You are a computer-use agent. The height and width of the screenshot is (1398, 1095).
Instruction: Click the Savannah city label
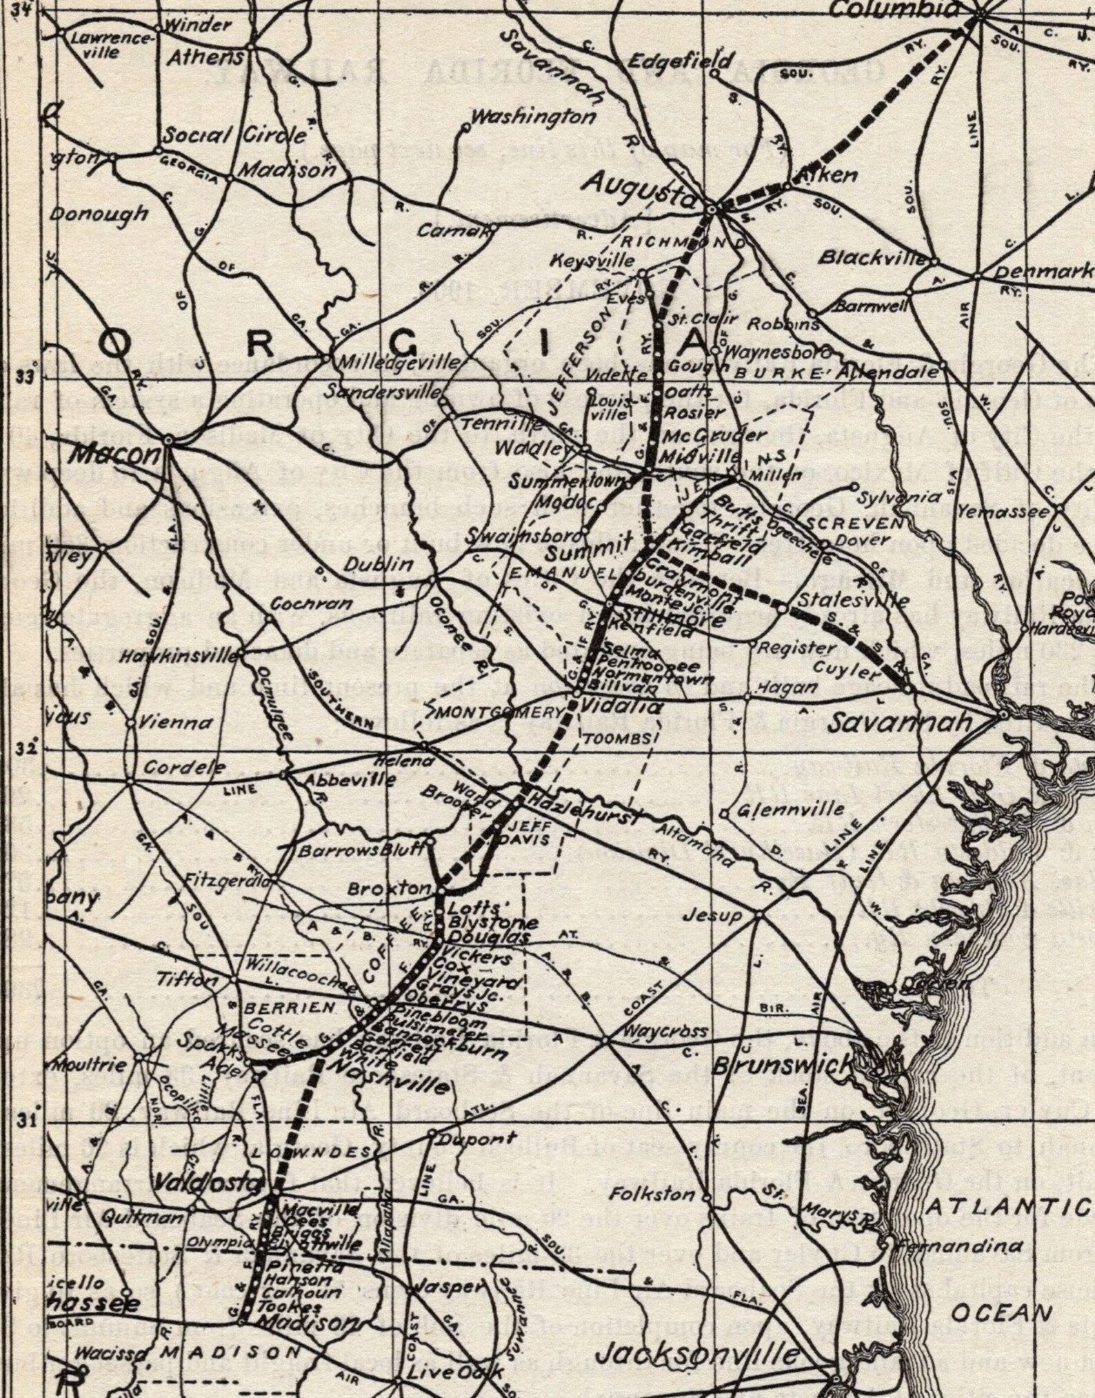899,723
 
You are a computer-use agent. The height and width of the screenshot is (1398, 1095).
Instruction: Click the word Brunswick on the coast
782,1066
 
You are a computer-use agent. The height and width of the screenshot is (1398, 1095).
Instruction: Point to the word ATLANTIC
1006,1207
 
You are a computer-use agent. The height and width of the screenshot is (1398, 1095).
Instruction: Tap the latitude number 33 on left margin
25,377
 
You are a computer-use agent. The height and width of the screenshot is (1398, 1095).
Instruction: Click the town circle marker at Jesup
759,915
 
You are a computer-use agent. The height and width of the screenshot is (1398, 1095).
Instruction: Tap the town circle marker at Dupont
432,1133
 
